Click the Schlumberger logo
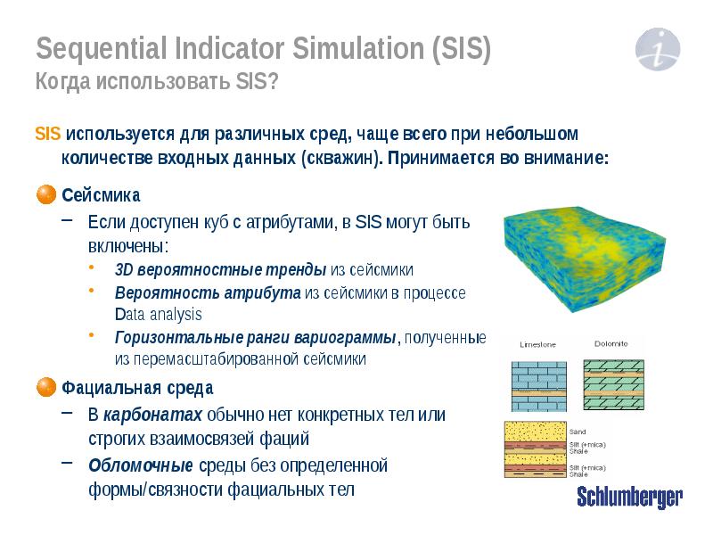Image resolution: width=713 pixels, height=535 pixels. coord(629,498)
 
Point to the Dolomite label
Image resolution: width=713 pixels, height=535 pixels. coord(611,343)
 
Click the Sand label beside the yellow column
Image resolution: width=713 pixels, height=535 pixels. coord(578,430)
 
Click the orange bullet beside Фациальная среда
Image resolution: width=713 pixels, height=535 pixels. coord(46,388)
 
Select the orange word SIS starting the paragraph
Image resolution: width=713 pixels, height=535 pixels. coord(47,135)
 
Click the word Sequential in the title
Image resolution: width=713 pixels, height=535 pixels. coord(94,46)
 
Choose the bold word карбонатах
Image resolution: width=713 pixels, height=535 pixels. coord(153,415)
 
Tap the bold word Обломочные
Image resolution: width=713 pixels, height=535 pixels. coord(141,465)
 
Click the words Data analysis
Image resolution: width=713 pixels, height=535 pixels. coord(159,314)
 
